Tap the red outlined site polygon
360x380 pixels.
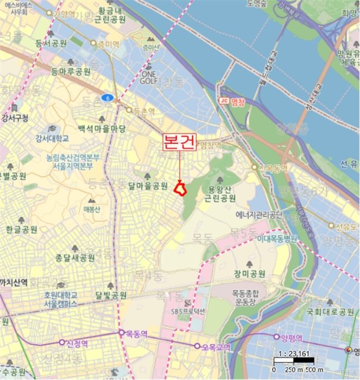click(180, 189)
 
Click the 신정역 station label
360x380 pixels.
click(77, 343)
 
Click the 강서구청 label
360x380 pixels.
click(15, 117)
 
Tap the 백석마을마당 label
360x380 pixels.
click(102, 129)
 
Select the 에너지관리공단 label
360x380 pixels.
click(259, 215)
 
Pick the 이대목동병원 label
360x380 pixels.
click(277, 238)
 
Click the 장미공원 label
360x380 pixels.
click(250, 273)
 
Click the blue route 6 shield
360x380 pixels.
click(109, 98)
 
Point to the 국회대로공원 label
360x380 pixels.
click(331, 312)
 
